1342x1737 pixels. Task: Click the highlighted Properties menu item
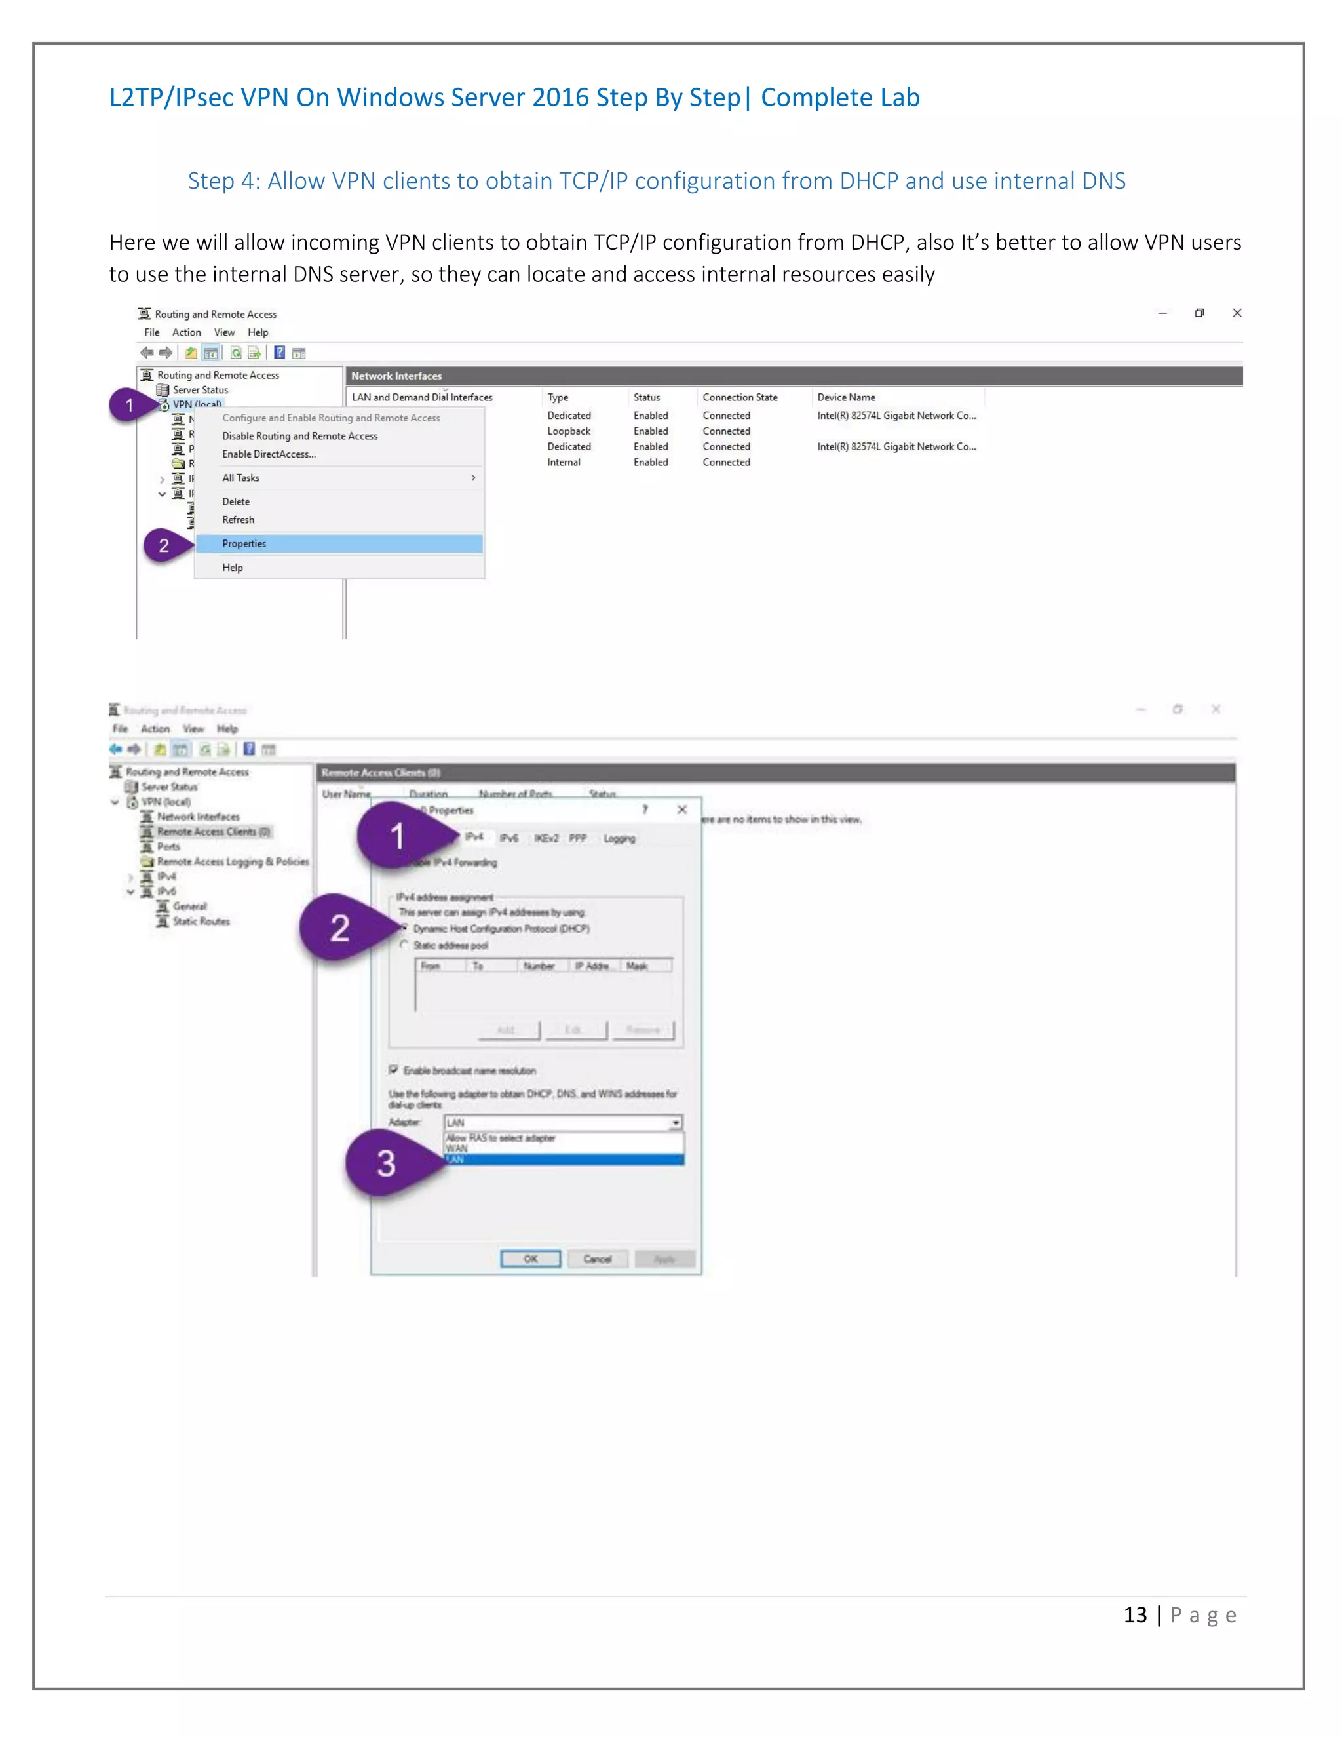pyautogui.click(x=244, y=544)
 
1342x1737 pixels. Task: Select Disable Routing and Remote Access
pyautogui.click(x=299, y=436)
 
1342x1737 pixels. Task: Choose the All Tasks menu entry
pyautogui.click(x=241, y=478)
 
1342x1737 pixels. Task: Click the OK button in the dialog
pyautogui.click(x=530, y=1259)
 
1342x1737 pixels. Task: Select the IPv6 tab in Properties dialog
pyautogui.click(x=508, y=838)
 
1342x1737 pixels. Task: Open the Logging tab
pyautogui.click(x=619, y=838)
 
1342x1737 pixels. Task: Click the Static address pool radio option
pyautogui.click(x=405, y=945)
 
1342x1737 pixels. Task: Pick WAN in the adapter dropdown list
pyautogui.click(x=457, y=1148)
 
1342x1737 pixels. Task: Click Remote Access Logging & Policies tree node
pyautogui.click(x=232, y=861)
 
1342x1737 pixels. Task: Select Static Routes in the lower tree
pyautogui.click(x=201, y=921)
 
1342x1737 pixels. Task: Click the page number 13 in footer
pyautogui.click(x=1134, y=1615)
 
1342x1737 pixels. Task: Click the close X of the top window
pyautogui.click(x=1237, y=313)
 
